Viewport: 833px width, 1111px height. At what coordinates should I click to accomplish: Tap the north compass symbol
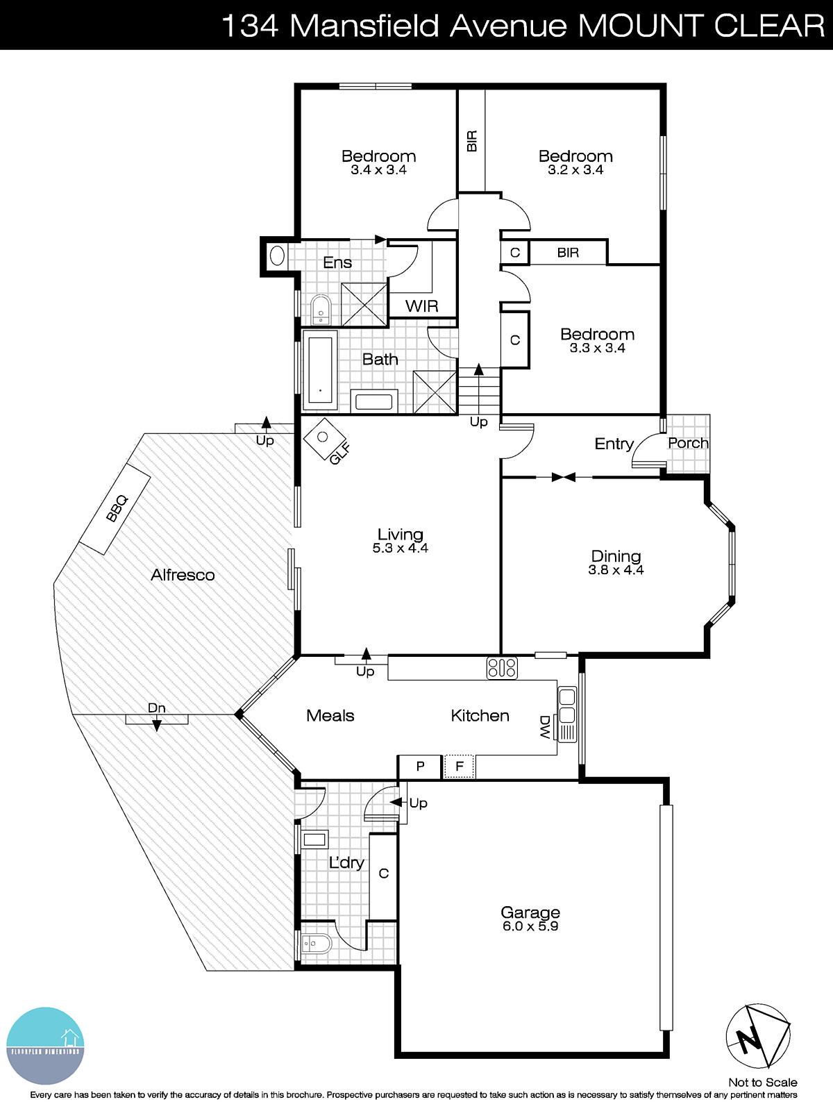pos(758,1036)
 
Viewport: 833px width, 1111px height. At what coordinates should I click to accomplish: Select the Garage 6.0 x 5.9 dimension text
pos(530,926)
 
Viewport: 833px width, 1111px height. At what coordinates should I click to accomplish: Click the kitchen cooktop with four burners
pos(502,668)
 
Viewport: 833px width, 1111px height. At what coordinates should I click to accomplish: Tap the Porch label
pos(688,443)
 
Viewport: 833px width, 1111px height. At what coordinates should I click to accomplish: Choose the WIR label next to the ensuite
pos(422,306)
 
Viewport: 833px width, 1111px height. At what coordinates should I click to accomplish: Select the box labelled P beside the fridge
pos(420,767)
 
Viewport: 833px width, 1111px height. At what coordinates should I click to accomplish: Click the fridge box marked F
pos(459,767)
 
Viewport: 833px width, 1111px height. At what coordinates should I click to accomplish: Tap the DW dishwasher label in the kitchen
pos(546,727)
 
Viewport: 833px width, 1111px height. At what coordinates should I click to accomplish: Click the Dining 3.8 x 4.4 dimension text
pos(616,570)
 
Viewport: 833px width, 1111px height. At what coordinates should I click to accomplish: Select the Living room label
pos(400,534)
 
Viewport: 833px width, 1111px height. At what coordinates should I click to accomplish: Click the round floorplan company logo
pos(45,1046)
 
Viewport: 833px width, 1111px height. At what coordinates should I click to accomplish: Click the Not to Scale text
pos(762,1082)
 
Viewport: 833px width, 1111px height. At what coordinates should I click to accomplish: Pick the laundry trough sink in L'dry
pos(314,840)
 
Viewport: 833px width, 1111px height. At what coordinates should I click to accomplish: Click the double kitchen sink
pos(567,705)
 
